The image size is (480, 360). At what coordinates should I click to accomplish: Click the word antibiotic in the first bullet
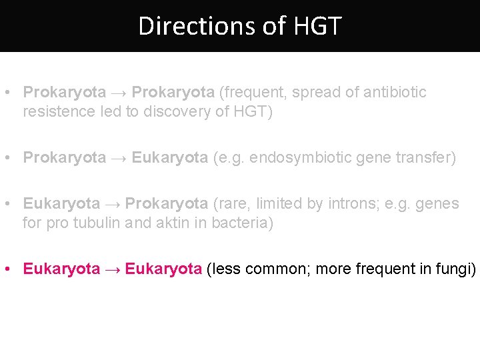point(395,92)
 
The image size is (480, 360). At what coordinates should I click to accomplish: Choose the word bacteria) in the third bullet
point(243,223)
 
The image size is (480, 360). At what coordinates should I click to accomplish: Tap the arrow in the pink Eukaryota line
point(113,269)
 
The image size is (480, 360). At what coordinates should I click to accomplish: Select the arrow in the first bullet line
point(119,93)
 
